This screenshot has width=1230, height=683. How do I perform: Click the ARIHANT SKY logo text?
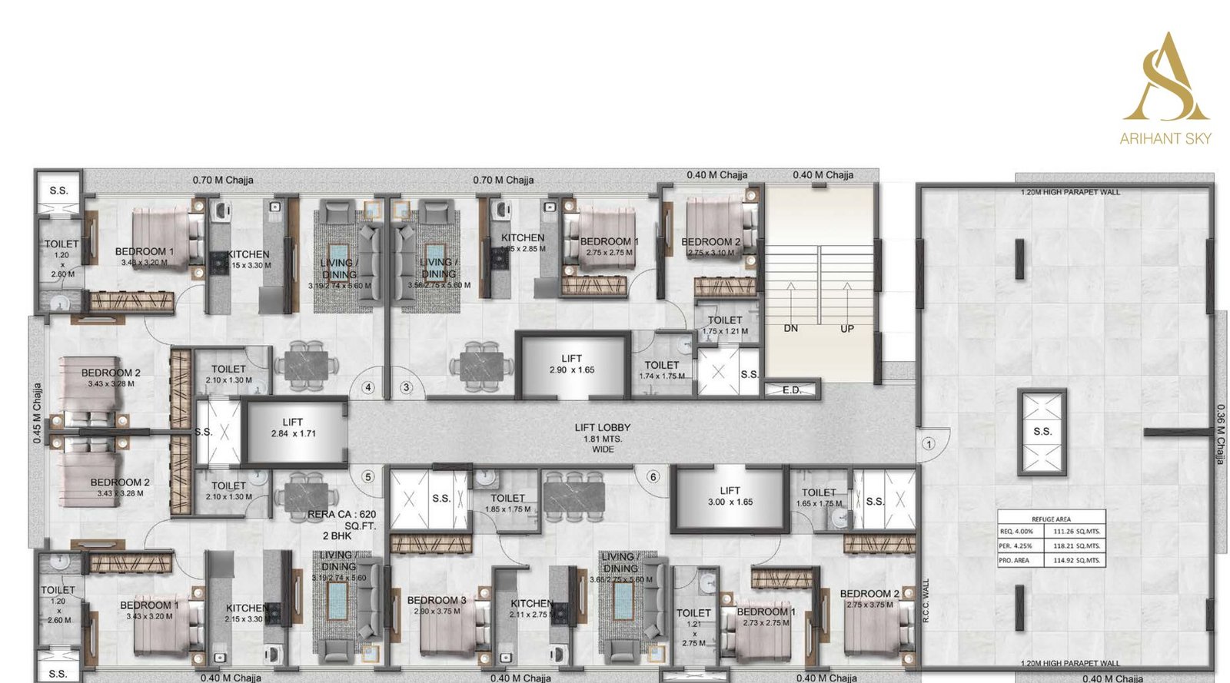(1165, 138)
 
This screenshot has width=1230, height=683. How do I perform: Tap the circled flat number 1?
(928, 444)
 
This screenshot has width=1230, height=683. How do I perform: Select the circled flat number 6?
(653, 476)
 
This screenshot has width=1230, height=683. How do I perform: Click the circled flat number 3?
(406, 387)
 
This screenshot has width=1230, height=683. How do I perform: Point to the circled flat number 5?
(367, 476)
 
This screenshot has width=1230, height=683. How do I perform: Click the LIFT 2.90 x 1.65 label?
(571, 364)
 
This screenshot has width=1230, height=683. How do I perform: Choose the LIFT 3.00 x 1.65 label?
(730, 496)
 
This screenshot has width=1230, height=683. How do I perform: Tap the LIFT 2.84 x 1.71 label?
(292, 428)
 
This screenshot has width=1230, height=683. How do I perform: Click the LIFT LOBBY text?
(602, 427)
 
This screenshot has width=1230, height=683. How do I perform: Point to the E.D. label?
(791, 390)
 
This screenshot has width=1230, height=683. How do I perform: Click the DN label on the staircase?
(790, 328)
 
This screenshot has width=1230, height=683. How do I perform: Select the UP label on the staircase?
(847, 328)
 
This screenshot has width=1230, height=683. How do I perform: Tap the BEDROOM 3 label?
(437, 600)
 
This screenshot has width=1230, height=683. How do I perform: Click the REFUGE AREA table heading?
(1051, 519)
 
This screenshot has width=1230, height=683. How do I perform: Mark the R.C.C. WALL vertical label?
(926, 601)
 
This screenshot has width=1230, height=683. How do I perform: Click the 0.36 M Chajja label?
(1220, 434)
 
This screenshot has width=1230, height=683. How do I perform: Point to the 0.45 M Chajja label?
(37, 413)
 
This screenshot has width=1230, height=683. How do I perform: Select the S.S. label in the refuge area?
(1042, 432)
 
